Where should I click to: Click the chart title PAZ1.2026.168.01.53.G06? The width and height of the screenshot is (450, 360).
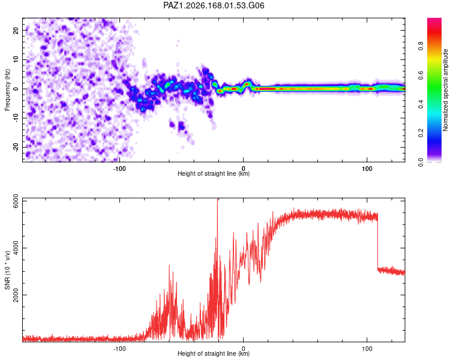[214, 5]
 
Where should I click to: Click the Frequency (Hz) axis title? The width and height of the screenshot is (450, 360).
[7, 90]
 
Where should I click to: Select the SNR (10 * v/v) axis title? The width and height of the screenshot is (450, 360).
[7, 270]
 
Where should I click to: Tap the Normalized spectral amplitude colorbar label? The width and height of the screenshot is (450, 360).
[445, 90]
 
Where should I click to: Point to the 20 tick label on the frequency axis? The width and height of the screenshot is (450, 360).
[16, 31]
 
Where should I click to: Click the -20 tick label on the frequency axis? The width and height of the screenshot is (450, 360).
[16, 148]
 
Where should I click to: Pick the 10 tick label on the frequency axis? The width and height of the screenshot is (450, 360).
[16, 59]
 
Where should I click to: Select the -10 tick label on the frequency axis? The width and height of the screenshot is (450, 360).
[16, 118]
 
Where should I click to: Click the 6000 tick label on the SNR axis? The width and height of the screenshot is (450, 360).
[16, 202]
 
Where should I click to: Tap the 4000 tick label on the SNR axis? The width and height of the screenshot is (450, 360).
[16, 248]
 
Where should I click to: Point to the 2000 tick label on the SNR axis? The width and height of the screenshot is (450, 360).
[16, 295]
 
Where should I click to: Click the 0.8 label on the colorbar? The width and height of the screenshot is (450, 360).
[421, 46]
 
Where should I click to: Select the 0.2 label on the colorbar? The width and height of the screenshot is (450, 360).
[421, 133]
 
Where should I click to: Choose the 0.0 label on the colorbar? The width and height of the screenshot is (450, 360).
[421, 162]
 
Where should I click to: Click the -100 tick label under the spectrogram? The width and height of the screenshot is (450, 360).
[119, 169]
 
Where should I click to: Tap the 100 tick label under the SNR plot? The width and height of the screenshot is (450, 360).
[367, 349]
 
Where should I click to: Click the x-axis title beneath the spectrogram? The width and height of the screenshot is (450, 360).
[214, 173]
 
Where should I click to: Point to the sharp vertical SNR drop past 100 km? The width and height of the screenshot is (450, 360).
[377, 241]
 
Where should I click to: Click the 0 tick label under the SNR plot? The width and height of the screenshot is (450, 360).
[244, 349]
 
